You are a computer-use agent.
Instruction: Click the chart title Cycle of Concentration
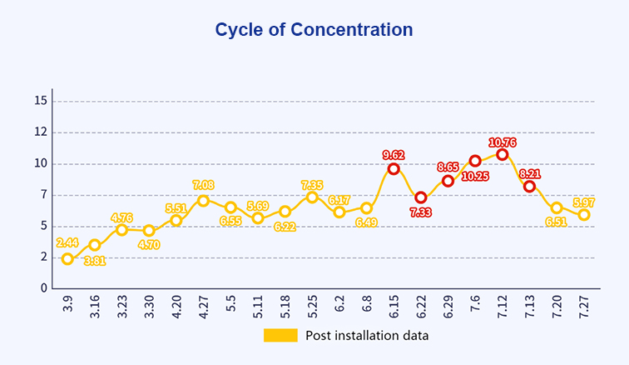(314, 30)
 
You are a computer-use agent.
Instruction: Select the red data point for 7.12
(503, 154)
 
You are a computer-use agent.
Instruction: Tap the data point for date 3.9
(67, 259)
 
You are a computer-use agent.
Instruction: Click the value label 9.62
(394, 155)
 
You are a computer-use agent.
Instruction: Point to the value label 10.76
(503, 142)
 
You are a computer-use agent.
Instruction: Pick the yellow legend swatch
(280, 335)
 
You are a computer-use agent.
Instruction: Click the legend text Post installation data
(367, 336)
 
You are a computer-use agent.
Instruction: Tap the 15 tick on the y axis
(41, 101)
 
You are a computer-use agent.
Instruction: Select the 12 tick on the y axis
(41, 132)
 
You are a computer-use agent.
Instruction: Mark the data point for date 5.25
(312, 197)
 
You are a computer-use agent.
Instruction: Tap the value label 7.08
(204, 185)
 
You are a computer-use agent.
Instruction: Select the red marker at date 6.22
(421, 197)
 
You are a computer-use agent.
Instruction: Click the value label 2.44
(67, 242)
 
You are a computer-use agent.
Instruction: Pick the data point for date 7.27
(584, 215)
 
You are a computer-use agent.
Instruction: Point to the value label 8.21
(530, 174)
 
